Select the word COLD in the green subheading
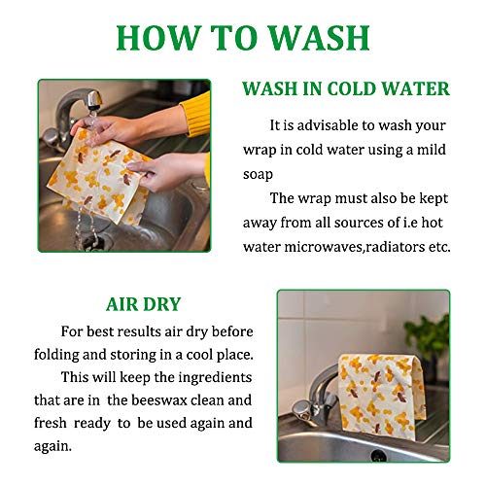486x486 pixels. [352, 88]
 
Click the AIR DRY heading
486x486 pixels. [143, 304]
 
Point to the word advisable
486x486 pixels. [328, 125]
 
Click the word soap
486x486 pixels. [258, 175]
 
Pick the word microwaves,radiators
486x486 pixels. [355, 247]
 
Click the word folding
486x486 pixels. [56, 356]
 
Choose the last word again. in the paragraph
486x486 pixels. [52, 447]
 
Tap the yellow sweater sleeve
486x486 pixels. [195, 114]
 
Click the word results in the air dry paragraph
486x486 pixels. [139, 332]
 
